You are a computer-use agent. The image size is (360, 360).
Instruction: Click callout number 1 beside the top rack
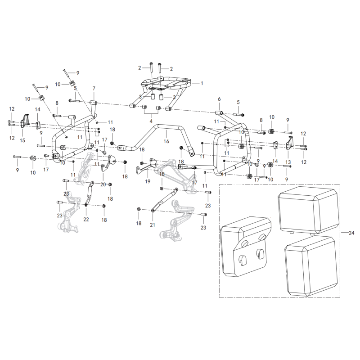point(202,83)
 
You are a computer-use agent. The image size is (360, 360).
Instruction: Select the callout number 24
point(351,233)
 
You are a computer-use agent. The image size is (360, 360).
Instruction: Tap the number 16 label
point(166,141)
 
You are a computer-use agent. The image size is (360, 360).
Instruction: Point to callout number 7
point(94,88)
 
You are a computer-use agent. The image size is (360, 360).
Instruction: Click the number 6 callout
point(219,99)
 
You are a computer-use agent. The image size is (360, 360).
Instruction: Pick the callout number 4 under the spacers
point(151,121)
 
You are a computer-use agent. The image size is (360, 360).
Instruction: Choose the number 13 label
point(288,162)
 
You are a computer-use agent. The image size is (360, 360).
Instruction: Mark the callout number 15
point(22,140)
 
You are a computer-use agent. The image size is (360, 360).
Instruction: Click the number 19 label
point(148,181)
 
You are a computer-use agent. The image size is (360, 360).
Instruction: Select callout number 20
point(103,184)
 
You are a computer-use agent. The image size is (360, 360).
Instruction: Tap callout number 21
point(153,225)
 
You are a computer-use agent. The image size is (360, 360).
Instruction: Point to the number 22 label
point(86,219)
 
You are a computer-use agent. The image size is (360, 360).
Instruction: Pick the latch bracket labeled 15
point(25,121)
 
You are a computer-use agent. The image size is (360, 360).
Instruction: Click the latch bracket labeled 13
point(289,143)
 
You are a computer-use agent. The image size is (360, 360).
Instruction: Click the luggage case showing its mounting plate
point(246,247)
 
